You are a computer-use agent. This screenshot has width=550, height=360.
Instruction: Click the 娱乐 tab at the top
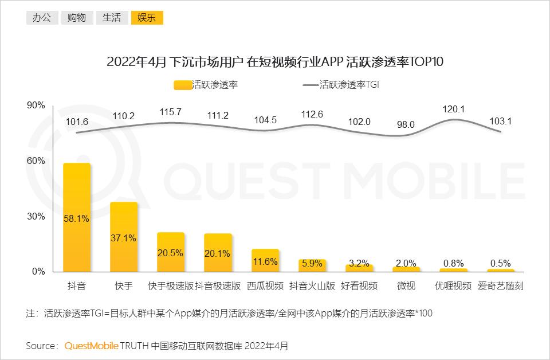[147, 18]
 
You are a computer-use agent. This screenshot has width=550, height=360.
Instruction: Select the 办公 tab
[42, 18]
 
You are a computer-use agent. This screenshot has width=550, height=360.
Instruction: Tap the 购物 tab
[77, 18]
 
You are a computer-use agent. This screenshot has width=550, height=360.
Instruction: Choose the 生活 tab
[112, 18]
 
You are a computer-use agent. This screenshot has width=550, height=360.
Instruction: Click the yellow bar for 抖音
[77, 217]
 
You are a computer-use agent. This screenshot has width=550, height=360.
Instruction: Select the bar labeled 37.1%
[124, 237]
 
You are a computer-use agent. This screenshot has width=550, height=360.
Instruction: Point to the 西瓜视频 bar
[265, 260]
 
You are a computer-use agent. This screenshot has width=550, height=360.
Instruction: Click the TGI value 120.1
[454, 109]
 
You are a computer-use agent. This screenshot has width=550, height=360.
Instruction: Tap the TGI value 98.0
[406, 124]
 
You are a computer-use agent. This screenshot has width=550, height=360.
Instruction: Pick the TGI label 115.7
[171, 112]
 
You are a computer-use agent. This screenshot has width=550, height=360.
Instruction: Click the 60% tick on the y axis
[36, 161]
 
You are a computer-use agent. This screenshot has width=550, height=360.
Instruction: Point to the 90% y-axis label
[36, 105]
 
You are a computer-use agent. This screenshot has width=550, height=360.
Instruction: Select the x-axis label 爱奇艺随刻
[501, 286]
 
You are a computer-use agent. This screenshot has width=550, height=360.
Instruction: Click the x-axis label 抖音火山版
[312, 286]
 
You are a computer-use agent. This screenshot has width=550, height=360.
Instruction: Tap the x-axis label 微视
[406, 286]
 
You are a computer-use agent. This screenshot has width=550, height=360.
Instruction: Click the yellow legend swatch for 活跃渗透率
[183, 85]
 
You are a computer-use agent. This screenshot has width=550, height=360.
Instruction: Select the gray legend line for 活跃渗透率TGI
[311, 85]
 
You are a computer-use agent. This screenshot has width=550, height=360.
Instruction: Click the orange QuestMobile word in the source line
[91, 346]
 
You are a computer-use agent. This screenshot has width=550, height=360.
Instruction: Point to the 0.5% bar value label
[501, 264]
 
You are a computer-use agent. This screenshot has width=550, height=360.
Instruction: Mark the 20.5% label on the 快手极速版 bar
[171, 253]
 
